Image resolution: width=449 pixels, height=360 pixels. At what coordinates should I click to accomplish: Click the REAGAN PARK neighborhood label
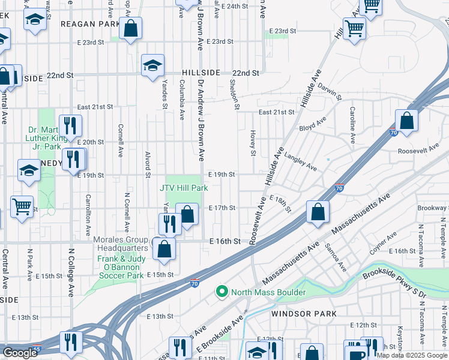pos(90,24)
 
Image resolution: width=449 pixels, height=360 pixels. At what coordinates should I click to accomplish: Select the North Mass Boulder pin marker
pos(222,292)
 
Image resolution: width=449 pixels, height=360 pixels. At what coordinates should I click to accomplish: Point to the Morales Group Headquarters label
pos(121,244)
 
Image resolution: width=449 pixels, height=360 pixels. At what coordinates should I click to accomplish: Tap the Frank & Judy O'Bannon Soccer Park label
pos(121,267)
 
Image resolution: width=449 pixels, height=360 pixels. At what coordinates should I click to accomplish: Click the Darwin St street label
pos(330,91)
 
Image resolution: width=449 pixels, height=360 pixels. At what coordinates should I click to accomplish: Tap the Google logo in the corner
pos(19,353)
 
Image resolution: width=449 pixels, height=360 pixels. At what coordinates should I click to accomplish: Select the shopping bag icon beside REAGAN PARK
pos(130,28)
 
